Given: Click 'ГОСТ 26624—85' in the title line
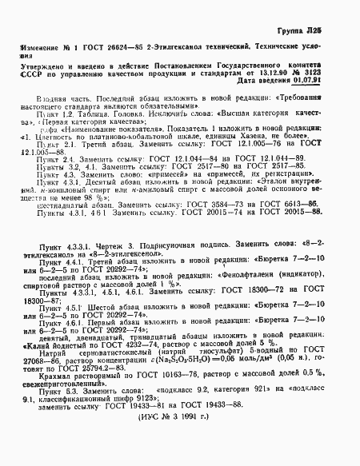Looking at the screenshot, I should click(x=103, y=47).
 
